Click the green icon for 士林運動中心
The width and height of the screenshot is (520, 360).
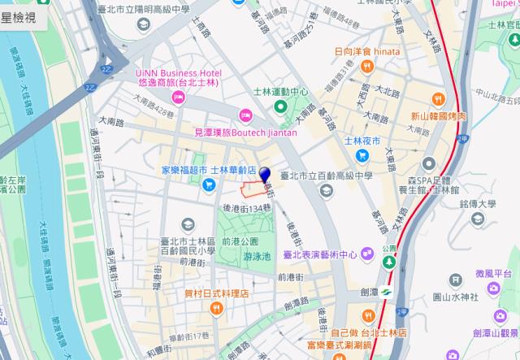pos(280,106)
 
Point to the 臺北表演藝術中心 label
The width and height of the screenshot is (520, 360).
pos(320,254)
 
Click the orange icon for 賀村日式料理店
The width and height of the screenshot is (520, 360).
pos(216,308)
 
